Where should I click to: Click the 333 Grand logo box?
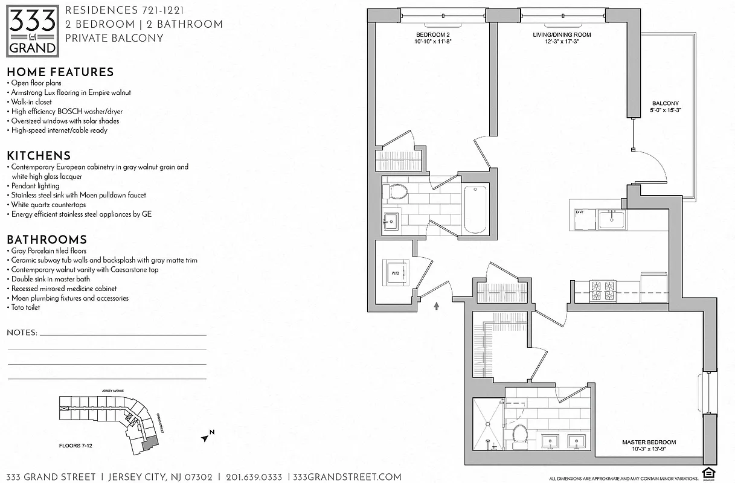coord(33,30)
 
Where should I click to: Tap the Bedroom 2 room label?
coord(433,39)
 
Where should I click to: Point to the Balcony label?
coord(665,107)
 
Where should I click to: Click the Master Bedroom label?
coord(649,446)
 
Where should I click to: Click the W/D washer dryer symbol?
coord(395,272)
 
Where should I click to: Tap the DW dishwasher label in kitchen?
coord(579,213)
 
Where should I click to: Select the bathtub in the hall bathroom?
coord(476,209)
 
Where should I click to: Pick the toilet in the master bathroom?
coord(519,436)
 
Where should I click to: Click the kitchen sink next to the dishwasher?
coord(611,218)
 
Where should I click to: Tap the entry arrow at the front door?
coord(436,306)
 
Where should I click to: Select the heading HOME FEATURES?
coord(60,72)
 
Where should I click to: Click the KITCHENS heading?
coord(39,155)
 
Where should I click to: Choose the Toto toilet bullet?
coord(26,307)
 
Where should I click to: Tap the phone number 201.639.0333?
coord(254,477)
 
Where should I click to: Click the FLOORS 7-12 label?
coord(76,446)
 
